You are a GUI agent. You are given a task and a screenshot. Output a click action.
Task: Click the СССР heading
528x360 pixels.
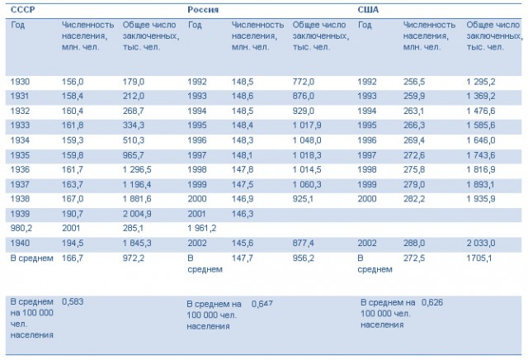[22, 9]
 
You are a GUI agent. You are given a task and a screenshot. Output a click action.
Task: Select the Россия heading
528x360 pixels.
[203, 9]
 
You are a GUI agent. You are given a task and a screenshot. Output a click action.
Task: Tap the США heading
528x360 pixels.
[368, 9]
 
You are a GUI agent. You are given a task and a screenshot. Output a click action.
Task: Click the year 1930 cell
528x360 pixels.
[20, 82]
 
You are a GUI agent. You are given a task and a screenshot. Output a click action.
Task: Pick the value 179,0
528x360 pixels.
[134, 82]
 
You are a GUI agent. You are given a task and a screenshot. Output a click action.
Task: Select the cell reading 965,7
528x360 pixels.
[134, 155]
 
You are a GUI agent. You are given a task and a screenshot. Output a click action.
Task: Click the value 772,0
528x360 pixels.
[304, 82]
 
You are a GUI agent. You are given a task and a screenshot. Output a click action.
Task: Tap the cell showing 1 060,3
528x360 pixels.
[307, 184]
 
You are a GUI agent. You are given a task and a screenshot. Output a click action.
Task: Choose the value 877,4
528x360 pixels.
[303, 243]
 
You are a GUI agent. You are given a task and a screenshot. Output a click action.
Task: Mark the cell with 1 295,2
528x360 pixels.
[481, 82]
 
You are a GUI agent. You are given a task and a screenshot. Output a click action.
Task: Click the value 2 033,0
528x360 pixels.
[481, 243]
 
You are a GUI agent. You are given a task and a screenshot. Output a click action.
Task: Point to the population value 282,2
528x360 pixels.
[414, 199]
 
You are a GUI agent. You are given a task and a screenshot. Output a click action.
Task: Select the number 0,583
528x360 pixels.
[73, 301]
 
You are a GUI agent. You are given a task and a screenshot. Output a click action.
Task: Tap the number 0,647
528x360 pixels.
[262, 304]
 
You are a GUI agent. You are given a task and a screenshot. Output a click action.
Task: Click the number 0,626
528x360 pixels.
[432, 302]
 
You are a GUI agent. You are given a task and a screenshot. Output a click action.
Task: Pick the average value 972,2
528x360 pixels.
[134, 258]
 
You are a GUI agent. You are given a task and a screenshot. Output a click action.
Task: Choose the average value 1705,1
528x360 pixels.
[479, 258]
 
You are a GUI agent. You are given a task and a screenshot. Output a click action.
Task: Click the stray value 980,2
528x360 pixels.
[21, 228]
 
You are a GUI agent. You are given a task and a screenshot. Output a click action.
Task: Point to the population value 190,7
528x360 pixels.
[73, 214]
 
